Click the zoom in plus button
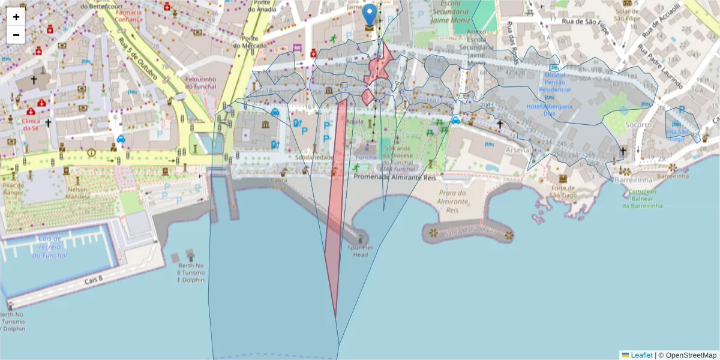[x=16, y=17]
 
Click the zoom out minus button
[x=16, y=35]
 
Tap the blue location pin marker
[x=370, y=15]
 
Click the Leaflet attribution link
[x=641, y=355]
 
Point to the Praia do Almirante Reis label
[x=452, y=202]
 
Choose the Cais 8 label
[x=94, y=280]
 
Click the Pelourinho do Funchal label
[x=205, y=82]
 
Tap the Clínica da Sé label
[x=31, y=124]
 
